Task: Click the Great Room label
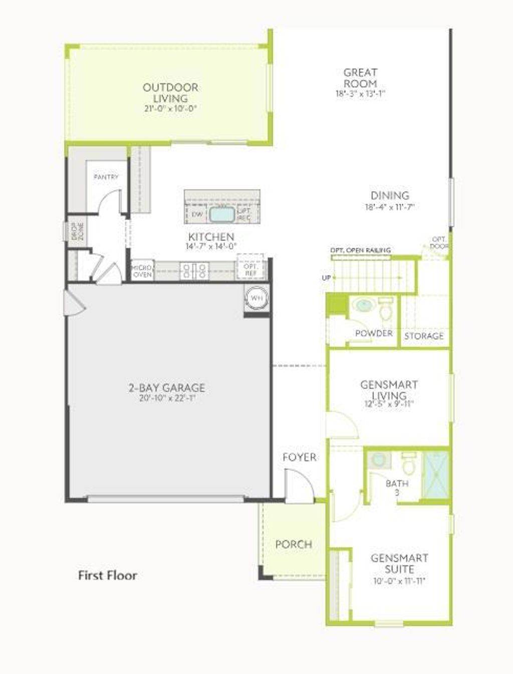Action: coord(360,78)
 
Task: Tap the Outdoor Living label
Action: coord(170,93)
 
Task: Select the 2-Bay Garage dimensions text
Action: coord(166,399)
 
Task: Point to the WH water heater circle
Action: coord(256,298)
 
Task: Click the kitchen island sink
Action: coord(222,215)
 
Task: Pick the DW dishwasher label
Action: coord(197,215)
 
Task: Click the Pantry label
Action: coord(106,177)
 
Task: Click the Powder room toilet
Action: coord(386,309)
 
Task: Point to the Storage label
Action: coord(424,336)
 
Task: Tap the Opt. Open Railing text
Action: coord(360,250)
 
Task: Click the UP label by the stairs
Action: coord(326,277)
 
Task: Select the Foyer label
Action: coord(299,457)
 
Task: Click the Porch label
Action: coord(294,544)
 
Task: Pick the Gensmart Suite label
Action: coord(399,563)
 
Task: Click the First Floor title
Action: coord(107,575)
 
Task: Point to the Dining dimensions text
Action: coord(390,207)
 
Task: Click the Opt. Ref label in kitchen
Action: coord(250,270)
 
